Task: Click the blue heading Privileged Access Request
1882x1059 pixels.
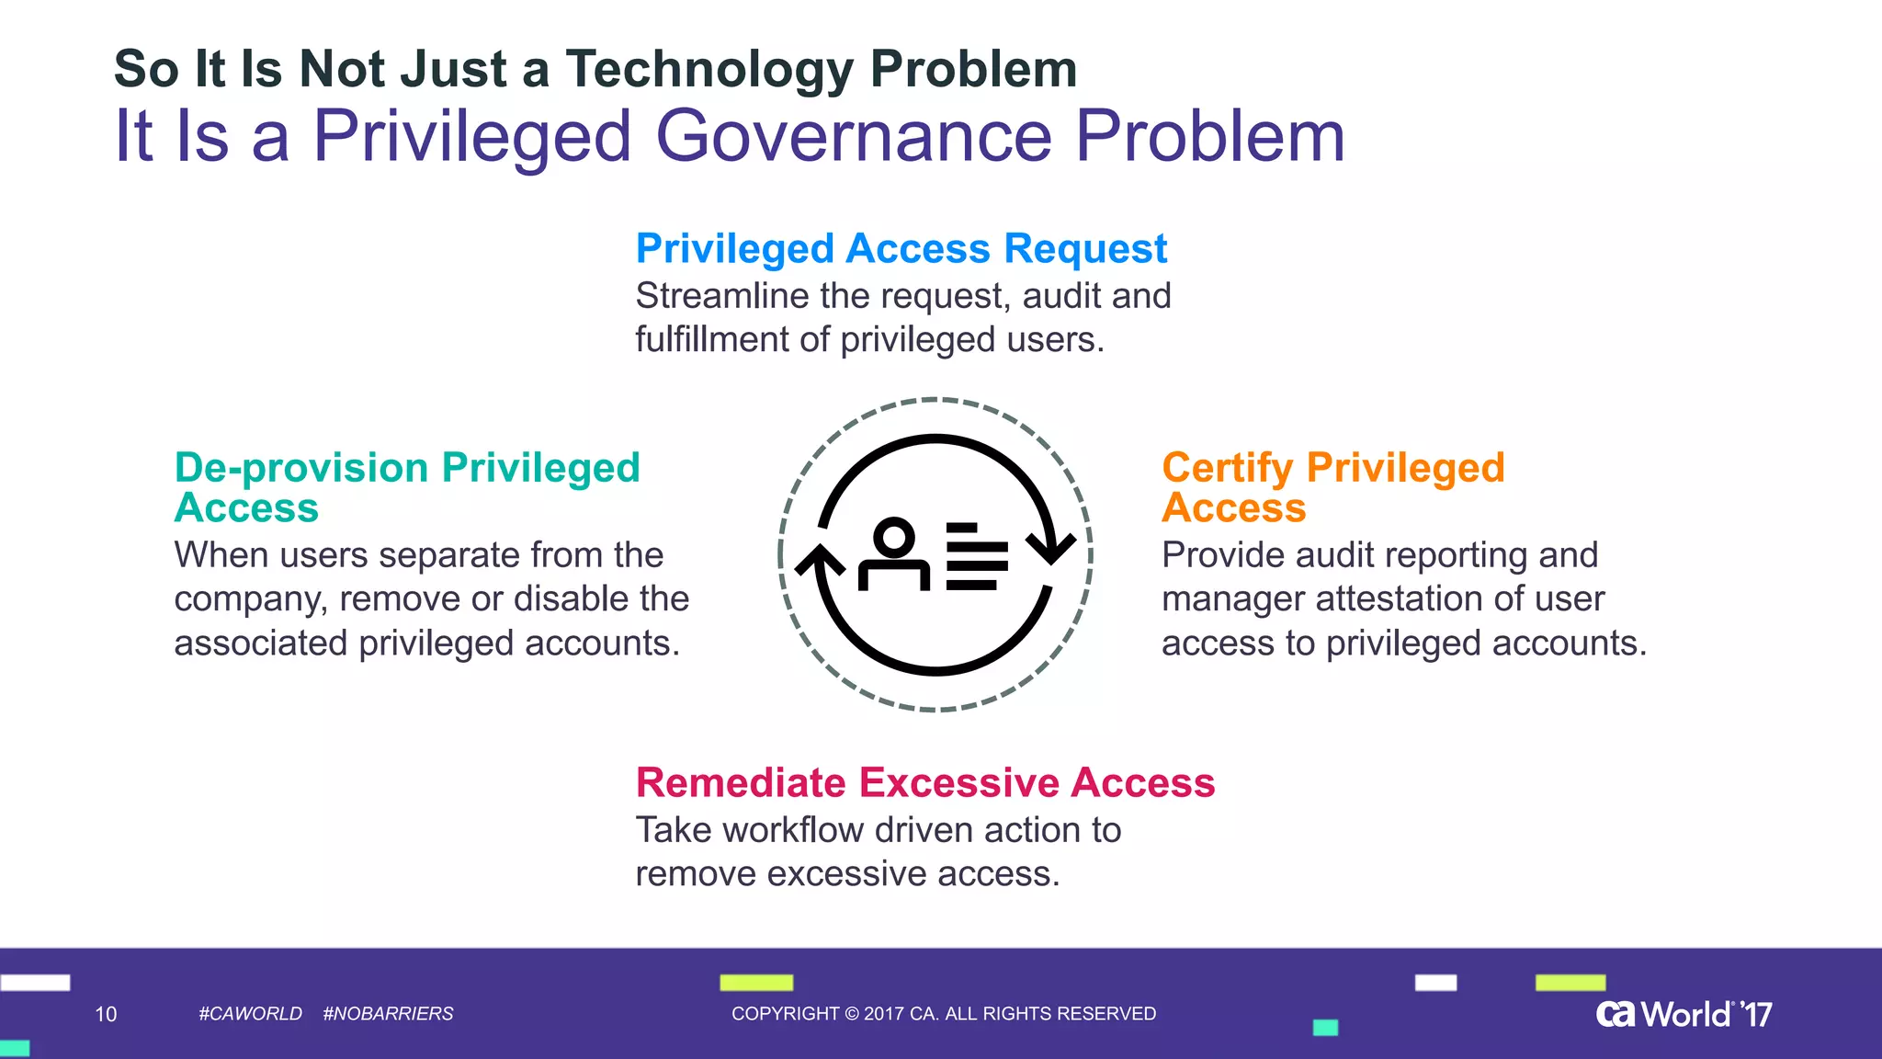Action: (x=901, y=249)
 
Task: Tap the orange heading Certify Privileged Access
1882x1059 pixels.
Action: (x=1332, y=487)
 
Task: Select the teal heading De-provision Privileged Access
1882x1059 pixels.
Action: (x=406, y=487)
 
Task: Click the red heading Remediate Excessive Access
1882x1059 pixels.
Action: (x=924, y=783)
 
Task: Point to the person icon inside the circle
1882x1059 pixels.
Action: (x=893, y=554)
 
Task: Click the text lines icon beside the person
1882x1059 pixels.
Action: (x=977, y=556)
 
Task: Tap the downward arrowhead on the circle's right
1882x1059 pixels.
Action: (x=1050, y=546)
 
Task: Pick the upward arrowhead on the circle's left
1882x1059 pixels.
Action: (x=820, y=562)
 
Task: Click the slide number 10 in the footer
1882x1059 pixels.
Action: (x=106, y=1014)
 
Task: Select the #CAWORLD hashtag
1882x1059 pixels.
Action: (x=250, y=1014)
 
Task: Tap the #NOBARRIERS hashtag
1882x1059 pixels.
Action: (x=388, y=1014)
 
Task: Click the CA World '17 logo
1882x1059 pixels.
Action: (x=1684, y=1014)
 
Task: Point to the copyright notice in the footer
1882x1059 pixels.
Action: (x=943, y=1014)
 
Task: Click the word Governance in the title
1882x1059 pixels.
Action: (x=853, y=136)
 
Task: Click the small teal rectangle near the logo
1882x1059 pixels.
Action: (x=1325, y=1028)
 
